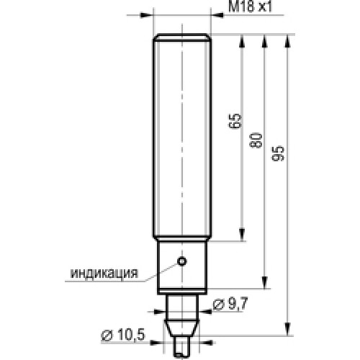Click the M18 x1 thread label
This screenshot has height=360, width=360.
tap(250, 6)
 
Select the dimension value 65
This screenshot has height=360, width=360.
tap(235, 121)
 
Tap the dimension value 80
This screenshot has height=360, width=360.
tap(256, 140)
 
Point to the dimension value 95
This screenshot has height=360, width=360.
tap(278, 153)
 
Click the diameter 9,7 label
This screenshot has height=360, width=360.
tap(230, 304)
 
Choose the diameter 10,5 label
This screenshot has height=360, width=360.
tap(123, 334)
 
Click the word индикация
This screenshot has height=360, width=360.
tap(104, 273)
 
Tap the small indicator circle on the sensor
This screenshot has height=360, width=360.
tap(182, 261)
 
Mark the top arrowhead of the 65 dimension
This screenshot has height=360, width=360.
tap(242, 41)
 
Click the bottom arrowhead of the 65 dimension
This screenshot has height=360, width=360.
tap(242, 235)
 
